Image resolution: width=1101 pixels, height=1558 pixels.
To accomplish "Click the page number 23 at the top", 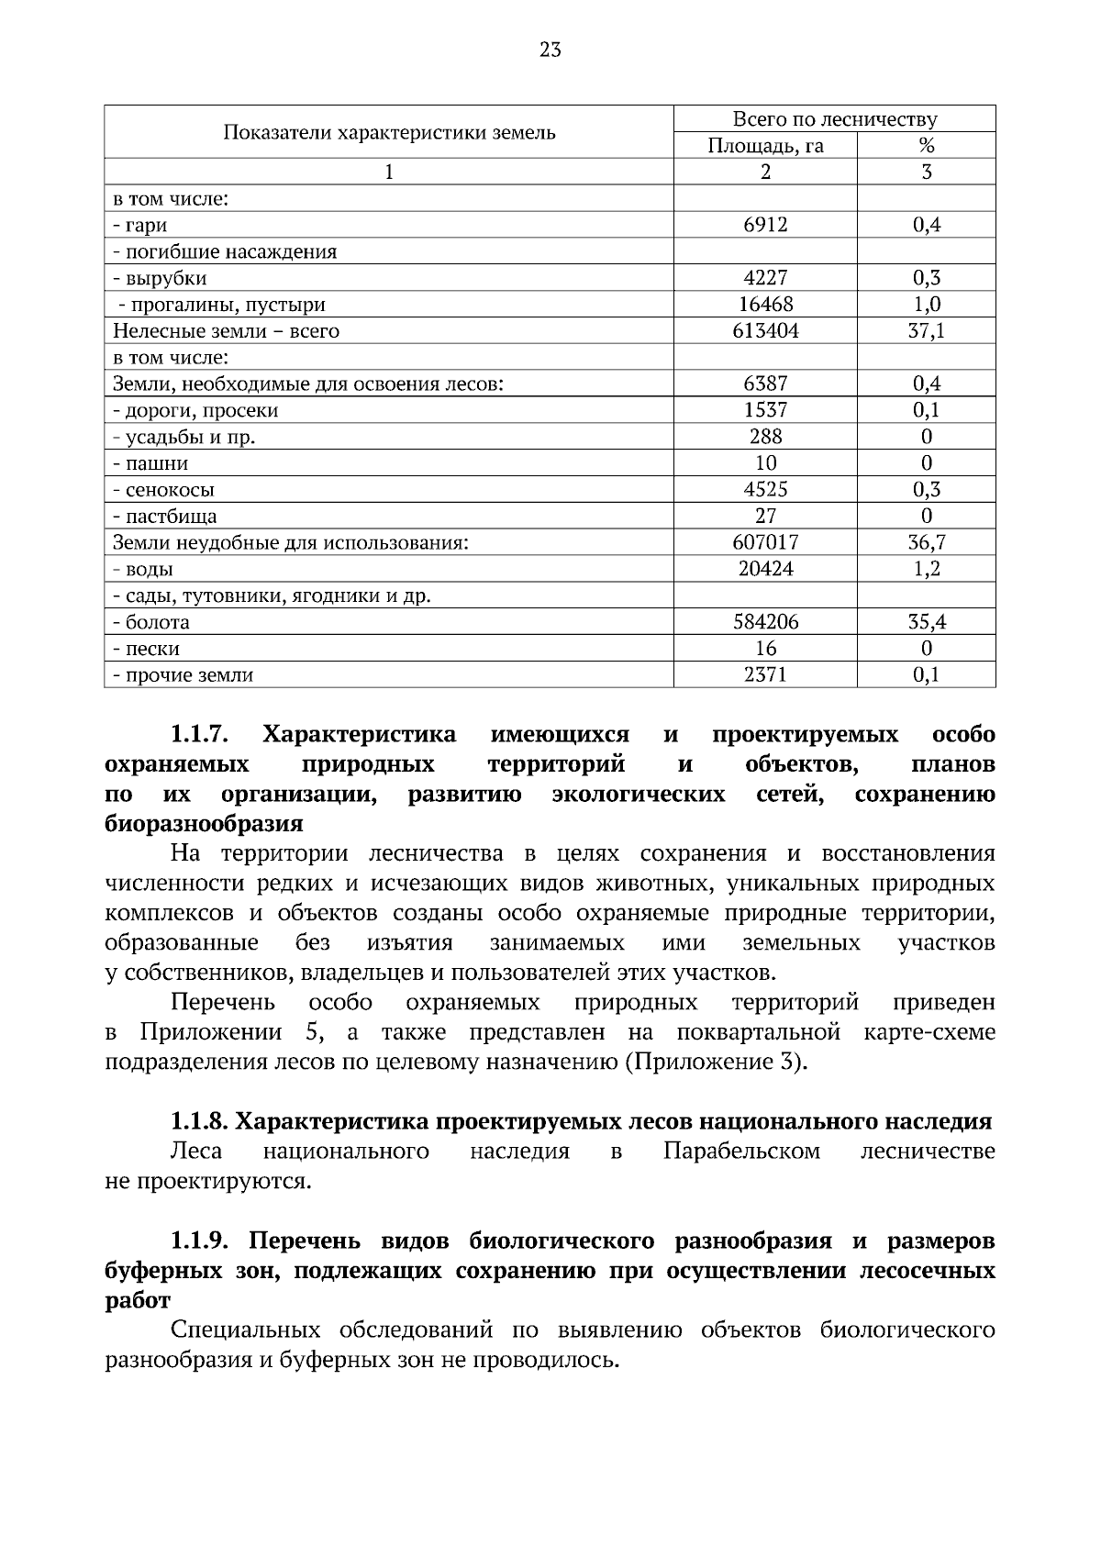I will (x=550, y=50).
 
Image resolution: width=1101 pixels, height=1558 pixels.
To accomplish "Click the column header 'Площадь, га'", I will (x=765, y=146).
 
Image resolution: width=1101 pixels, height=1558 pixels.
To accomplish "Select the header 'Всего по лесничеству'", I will (x=834, y=119).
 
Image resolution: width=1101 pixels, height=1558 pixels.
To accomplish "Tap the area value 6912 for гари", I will (x=765, y=225).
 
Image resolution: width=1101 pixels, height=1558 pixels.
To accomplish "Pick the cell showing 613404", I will (x=765, y=331).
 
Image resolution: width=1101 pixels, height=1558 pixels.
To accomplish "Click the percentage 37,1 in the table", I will (x=926, y=331).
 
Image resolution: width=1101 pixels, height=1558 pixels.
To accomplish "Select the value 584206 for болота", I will (x=765, y=622).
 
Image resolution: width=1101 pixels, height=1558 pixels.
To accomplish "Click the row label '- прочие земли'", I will (x=183, y=675).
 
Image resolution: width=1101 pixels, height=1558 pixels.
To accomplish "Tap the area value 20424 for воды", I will (x=765, y=569).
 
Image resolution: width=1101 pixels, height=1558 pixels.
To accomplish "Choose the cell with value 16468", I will (x=765, y=305).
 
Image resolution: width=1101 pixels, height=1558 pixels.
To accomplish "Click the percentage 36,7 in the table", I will (x=926, y=542).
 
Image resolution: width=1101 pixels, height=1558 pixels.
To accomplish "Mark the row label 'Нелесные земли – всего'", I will (x=226, y=331).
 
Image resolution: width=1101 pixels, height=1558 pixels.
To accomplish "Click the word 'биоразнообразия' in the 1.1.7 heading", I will (x=204, y=823).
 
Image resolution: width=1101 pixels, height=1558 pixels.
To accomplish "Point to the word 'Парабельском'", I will (x=741, y=1151).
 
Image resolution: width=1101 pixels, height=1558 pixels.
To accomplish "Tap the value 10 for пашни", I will (x=765, y=463).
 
